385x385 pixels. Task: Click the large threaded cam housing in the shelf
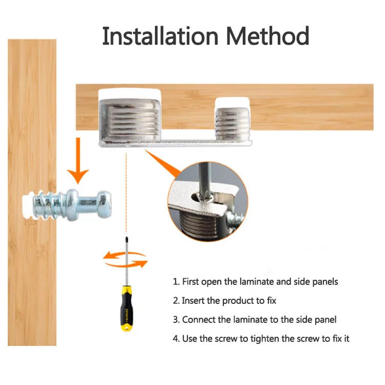[x=128, y=116]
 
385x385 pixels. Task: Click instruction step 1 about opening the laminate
[x=255, y=282]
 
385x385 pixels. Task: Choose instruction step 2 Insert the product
[x=224, y=301]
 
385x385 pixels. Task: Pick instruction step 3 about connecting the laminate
[x=255, y=320]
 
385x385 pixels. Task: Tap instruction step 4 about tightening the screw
[x=261, y=339]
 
